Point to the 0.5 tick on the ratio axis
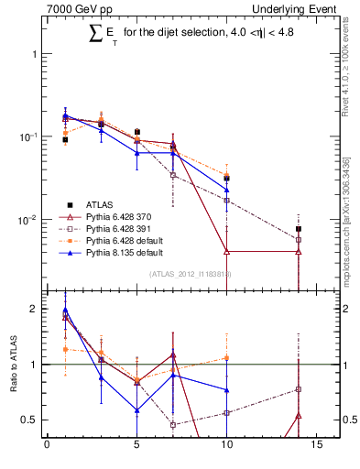34,420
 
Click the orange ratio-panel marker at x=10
227,358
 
